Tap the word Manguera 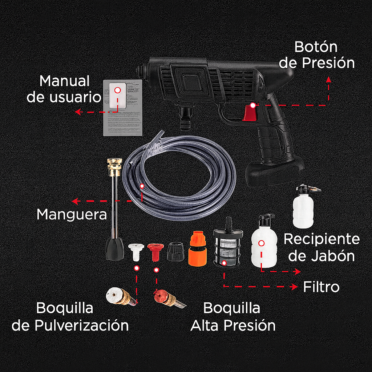click(x=72, y=214)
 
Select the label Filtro click(x=321, y=287)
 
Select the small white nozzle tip click(x=136, y=252)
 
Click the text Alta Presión click(x=232, y=325)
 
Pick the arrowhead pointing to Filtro click(x=295, y=287)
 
